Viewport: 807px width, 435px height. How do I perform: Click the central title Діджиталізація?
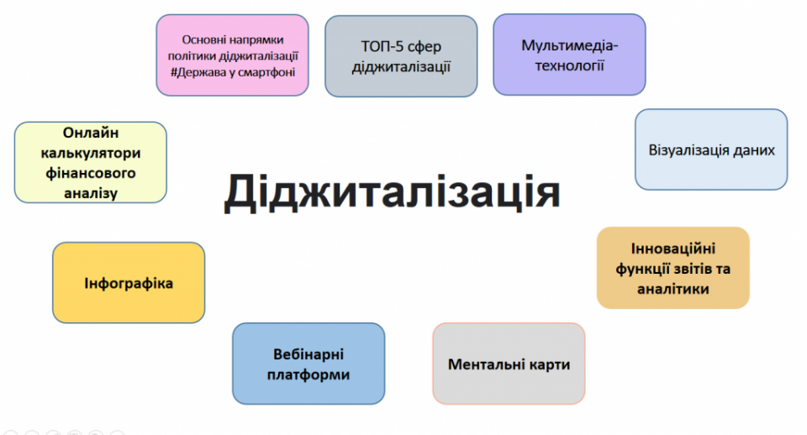click(393, 191)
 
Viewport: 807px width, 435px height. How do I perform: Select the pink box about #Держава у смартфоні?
click(233, 55)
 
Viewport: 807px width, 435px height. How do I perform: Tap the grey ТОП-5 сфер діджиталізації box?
click(401, 56)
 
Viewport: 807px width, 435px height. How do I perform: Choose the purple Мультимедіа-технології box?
click(569, 55)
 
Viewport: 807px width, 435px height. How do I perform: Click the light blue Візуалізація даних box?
click(711, 149)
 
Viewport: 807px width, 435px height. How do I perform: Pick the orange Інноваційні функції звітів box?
click(673, 268)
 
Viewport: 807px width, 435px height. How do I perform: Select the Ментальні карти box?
click(509, 364)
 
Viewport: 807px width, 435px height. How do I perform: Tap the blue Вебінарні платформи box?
click(309, 364)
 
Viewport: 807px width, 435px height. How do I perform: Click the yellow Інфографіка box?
click(129, 283)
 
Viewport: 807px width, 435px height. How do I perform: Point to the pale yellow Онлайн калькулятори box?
click(91, 162)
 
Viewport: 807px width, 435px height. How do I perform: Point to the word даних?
click(754, 150)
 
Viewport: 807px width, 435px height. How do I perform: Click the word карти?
click(551, 364)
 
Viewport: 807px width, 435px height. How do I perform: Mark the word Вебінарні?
click(309, 354)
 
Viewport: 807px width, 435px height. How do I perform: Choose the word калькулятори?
click(91, 153)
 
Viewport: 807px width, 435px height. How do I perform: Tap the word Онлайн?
click(91, 133)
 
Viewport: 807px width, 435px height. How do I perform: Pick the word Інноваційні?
click(673, 249)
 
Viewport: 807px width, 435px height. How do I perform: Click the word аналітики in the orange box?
click(673, 289)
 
